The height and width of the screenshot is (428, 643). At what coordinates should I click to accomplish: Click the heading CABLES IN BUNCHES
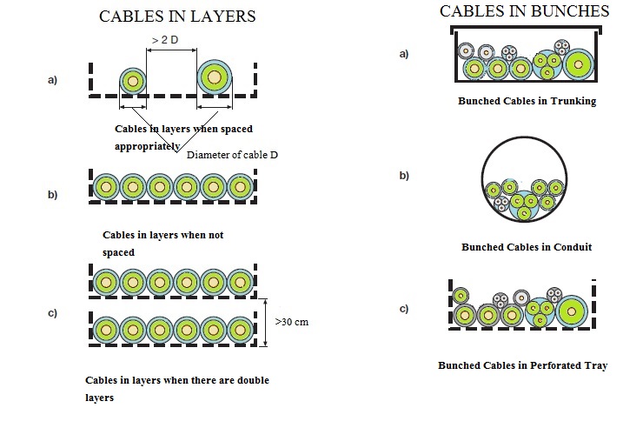524,11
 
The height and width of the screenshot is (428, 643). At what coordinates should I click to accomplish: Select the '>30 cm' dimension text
292,321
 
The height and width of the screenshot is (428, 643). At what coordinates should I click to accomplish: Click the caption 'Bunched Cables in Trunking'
527,101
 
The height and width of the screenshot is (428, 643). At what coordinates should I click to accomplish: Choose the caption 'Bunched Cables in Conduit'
527,247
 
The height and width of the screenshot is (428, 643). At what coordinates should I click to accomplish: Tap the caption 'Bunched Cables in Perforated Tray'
522,365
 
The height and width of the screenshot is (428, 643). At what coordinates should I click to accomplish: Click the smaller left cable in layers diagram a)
132,81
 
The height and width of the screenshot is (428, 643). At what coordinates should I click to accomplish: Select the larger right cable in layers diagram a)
216,77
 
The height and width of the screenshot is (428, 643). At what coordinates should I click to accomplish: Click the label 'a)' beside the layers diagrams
52,80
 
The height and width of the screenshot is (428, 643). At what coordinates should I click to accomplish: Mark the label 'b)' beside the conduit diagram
403,176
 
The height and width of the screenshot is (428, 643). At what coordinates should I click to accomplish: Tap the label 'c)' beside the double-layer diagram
52,312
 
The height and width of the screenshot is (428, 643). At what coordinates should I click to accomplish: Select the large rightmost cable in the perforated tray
573,311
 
